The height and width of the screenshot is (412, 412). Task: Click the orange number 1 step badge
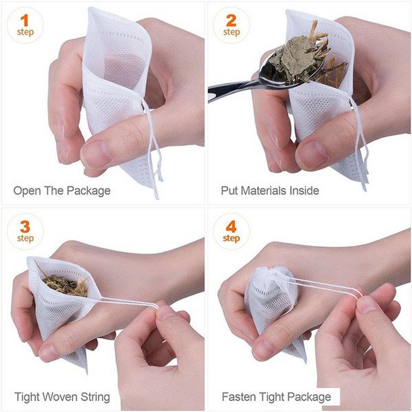(x=25, y=26)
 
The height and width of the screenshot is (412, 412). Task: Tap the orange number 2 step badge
(x=231, y=26)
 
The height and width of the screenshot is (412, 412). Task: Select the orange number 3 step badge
(x=25, y=232)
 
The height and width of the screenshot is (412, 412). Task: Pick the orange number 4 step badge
(x=231, y=232)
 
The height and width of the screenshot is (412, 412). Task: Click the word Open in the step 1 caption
(x=26, y=191)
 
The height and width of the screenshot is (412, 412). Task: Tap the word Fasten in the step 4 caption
(x=237, y=397)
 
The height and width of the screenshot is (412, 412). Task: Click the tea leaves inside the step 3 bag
(x=65, y=284)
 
